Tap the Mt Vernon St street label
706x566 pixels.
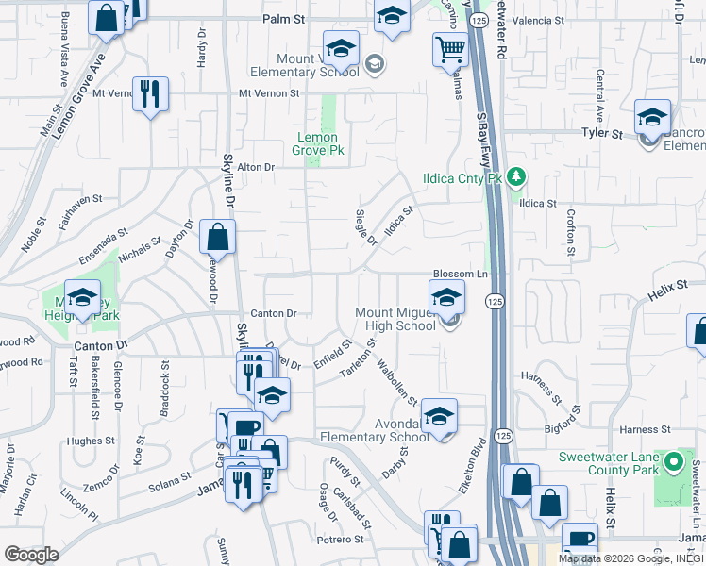point(268,93)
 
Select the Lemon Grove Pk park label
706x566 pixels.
point(317,143)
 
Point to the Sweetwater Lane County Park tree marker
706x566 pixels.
point(672,463)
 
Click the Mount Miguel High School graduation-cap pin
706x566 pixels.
point(446,299)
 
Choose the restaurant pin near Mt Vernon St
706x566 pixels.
point(150,93)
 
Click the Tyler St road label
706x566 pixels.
point(601,134)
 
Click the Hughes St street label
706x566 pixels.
point(91,441)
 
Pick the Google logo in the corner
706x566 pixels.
point(31,555)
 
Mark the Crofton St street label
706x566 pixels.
point(570,232)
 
